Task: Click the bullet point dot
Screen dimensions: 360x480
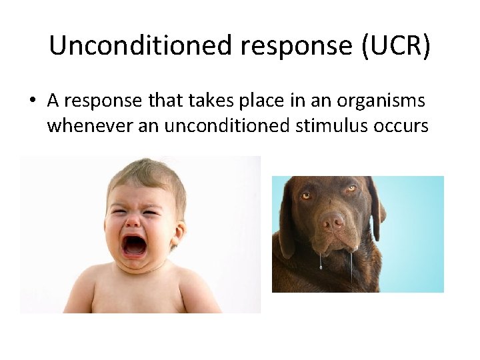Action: tap(32, 101)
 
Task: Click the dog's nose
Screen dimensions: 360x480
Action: tap(333, 221)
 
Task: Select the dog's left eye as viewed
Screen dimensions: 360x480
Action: tap(306, 196)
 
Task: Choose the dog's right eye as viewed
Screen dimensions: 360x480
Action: tap(351, 189)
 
